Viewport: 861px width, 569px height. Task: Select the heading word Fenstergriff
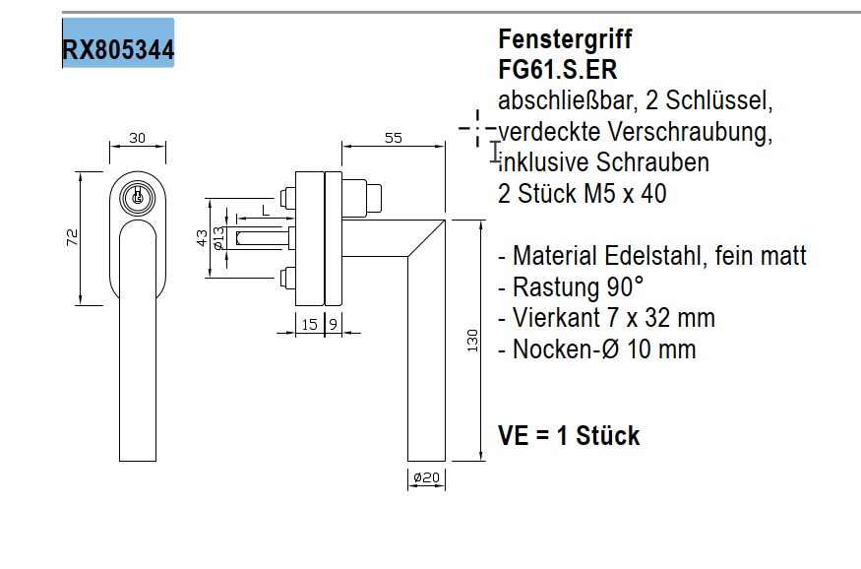coord(565,39)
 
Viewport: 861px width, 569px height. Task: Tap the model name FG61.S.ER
coord(558,70)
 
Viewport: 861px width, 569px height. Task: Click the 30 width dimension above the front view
coord(137,139)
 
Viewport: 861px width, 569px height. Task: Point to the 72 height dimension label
coord(72,237)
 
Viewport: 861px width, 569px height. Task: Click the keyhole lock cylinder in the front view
coord(137,197)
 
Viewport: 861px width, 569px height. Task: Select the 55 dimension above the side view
coord(393,139)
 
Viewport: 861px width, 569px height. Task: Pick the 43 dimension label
coord(202,237)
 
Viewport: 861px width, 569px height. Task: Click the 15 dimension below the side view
coord(309,323)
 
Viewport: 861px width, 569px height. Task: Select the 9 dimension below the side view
coord(333,323)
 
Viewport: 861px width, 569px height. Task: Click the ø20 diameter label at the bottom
coord(426,477)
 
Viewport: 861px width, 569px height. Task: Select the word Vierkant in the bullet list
coord(554,319)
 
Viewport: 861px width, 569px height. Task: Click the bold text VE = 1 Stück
coord(569,435)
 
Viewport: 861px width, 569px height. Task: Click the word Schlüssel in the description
coord(720,100)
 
